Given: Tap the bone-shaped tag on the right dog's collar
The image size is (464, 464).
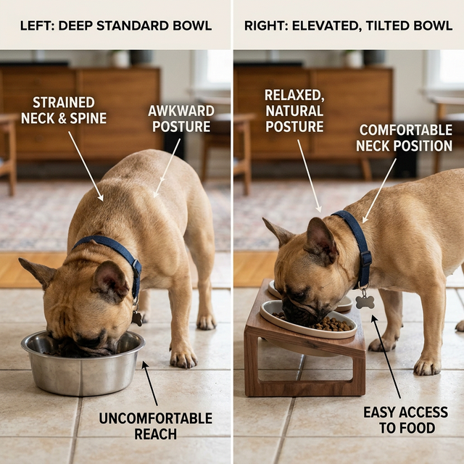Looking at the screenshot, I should (365, 301).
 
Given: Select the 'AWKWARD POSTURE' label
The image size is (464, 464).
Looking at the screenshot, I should (181, 119).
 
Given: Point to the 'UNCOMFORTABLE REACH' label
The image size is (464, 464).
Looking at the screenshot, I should (155, 426).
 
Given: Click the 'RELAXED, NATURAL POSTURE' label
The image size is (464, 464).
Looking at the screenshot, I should (294, 111).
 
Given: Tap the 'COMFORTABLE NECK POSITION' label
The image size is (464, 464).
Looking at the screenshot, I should (405, 138).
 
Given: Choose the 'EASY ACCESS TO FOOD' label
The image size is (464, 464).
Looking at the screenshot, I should (405, 420).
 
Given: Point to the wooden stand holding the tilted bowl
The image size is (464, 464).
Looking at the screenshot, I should (304, 362).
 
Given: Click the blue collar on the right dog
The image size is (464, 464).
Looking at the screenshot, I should (355, 239).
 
